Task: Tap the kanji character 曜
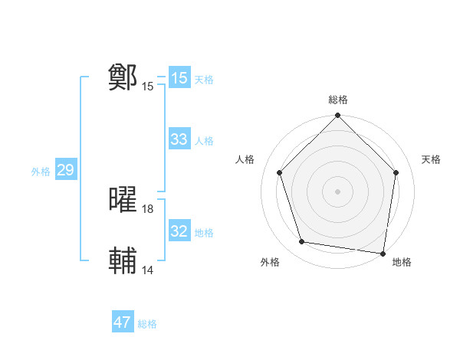123,199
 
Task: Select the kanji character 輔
123,260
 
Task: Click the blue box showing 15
179,78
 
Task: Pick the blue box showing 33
179,139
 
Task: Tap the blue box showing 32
179,231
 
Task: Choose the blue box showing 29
65,170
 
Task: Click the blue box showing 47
123,322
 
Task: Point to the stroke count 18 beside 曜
148,208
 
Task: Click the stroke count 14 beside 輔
148,270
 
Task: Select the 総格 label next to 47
147,324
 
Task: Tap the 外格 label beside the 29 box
41,172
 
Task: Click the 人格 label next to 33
204,141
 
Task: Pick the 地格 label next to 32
204,233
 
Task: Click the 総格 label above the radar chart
337,100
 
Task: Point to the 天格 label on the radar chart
432,159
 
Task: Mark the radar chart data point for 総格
337,116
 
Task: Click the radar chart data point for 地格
382,252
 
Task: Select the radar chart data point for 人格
280,172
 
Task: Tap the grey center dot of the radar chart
337,191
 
